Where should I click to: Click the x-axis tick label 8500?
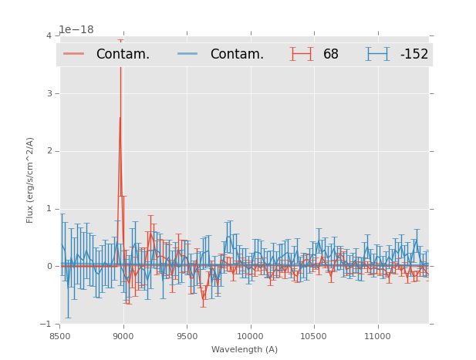coord(59,337)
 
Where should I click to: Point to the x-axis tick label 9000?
coord(123,337)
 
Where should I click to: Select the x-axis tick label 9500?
coord(187,337)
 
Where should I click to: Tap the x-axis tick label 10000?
coord(250,337)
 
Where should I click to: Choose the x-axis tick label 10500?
coord(314,337)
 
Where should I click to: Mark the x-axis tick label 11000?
coord(377,337)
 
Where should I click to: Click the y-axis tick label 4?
coord(49,35)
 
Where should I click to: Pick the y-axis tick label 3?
coord(49,93)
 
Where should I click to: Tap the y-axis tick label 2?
coord(49,151)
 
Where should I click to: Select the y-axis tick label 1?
coord(49,209)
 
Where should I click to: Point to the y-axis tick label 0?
coord(49,267)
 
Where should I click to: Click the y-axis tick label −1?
coord(46,325)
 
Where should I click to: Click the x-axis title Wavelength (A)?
coord(245,350)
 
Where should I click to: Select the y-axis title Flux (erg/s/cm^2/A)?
coord(30,180)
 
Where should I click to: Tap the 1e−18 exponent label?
coord(76,29)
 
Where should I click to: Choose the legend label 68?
coord(331,54)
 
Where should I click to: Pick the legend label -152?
coord(414,54)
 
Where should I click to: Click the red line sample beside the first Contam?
coord(73,54)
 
